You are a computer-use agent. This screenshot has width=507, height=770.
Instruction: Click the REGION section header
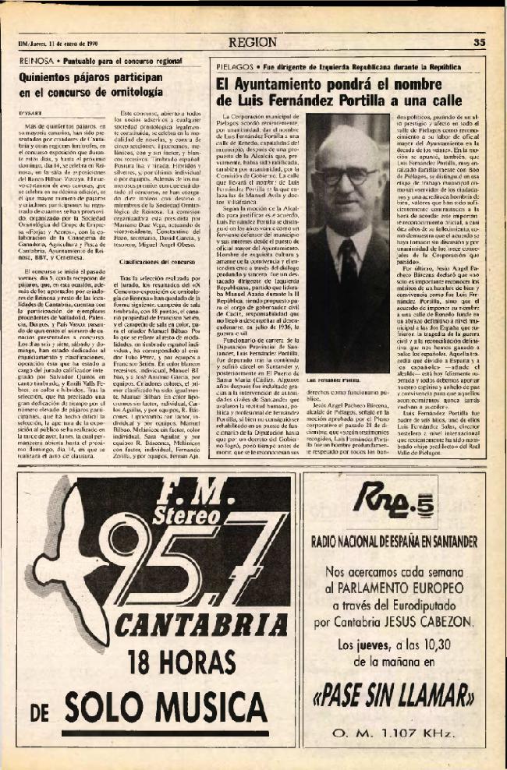click(x=253, y=43)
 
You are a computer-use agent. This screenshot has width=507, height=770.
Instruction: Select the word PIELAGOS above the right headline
click(x=234, y=68)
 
